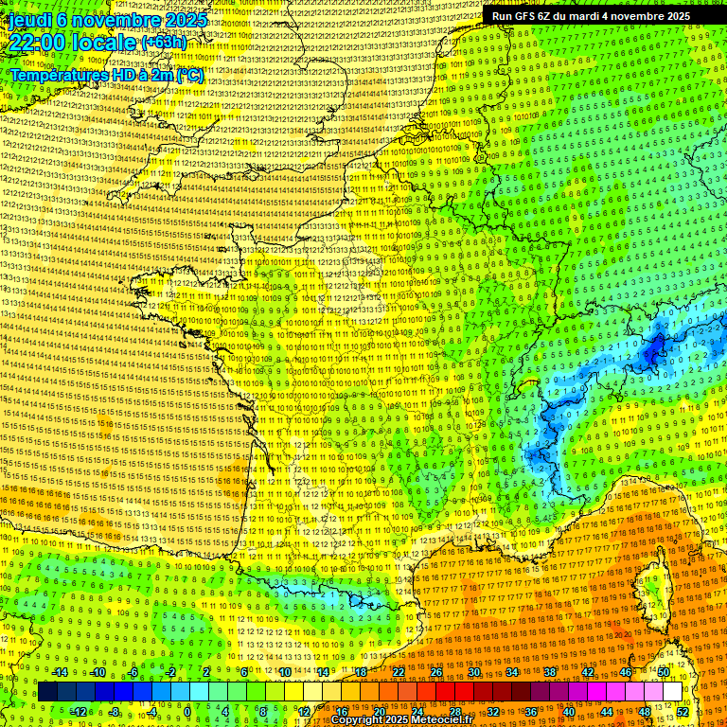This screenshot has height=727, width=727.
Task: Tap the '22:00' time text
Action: [38, 42]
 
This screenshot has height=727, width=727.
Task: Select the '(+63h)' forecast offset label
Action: [164, 43]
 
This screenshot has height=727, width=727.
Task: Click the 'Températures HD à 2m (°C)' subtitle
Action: [107, 75]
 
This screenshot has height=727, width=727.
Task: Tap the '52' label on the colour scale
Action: [683, 712]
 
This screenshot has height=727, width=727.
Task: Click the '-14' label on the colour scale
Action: [60, 672]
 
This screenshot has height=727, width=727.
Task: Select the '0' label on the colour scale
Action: [187, 712]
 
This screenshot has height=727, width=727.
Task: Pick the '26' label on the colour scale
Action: [436, 672]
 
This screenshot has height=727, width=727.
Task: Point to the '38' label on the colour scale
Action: [549, 672]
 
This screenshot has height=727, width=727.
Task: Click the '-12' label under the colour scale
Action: [79, 712]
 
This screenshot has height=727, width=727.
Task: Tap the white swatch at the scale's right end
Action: [672, 692]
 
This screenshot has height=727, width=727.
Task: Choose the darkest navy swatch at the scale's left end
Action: [48, 692]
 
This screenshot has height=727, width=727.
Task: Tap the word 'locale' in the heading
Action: [104, 42]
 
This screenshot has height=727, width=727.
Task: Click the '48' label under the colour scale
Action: [645, 712]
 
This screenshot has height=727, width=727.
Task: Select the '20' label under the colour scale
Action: [380, 712]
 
